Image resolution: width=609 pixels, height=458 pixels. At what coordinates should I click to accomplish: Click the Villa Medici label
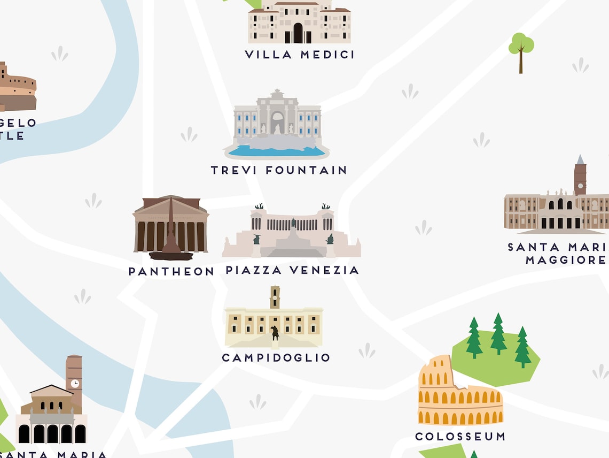tap(300, 55)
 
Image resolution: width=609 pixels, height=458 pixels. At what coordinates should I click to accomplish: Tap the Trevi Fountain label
tap(279, 171)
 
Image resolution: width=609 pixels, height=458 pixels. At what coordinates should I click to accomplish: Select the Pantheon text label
tap(171, 272)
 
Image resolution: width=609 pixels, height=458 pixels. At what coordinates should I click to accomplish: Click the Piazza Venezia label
tap(292, 270)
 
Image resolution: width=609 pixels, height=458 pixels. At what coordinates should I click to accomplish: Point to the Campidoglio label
tap(276, 357)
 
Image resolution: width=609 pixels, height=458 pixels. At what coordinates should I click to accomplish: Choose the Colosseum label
tap(460, 437)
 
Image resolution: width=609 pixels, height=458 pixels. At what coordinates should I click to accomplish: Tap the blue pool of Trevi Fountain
tap(277, 151)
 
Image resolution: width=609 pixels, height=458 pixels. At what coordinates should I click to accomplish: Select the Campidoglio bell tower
tap(275, 297)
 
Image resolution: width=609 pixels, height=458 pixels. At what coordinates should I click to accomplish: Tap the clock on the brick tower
tap(75, 384)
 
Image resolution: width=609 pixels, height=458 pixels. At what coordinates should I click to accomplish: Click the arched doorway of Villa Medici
tap(298, 33)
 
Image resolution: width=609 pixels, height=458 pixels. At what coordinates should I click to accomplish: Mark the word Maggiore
tap(565, 261)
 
